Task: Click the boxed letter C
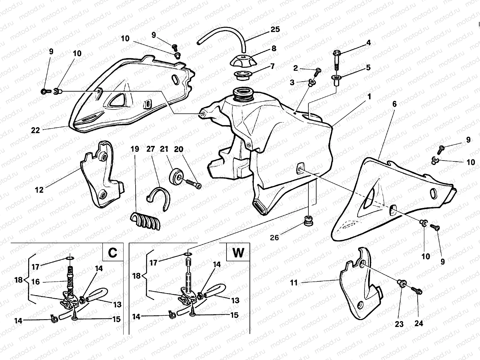click(112, 253)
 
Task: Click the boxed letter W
click(238, 253)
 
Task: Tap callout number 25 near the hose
click(275, 29)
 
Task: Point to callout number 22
click(35, 130)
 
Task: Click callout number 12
click(39, 190)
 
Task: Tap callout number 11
click(294, 282)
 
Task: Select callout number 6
click(394, 104)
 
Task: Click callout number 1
click(369, 97)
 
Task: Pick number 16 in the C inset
click(35, 282)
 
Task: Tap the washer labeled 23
click(402, 283)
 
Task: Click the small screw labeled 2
click(318, 71)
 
